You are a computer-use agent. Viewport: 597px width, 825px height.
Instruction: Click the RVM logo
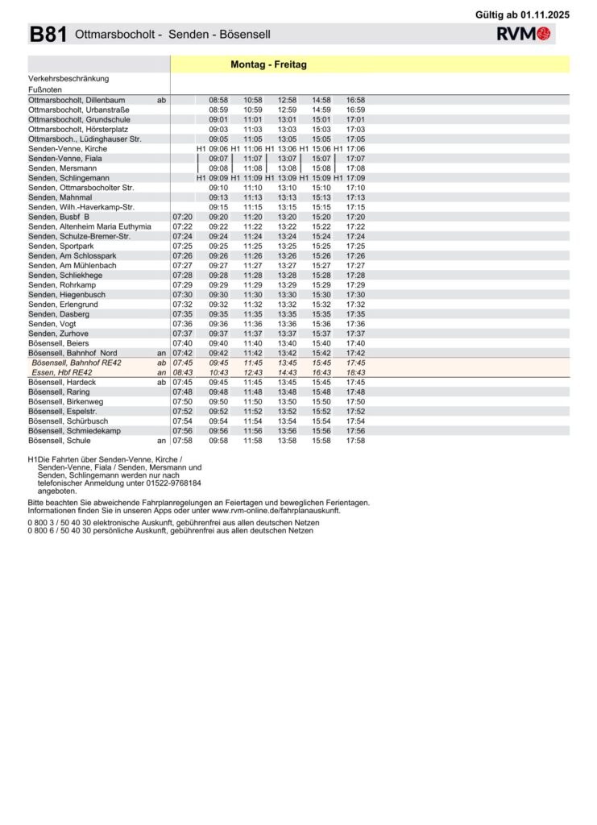pos(523,34)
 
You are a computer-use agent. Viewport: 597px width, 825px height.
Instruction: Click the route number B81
pos(48,35)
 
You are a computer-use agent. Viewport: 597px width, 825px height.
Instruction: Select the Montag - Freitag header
pos(268,64)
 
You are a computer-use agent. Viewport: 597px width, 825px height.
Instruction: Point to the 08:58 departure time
pos(218,100)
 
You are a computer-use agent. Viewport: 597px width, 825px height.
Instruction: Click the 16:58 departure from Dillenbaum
pos(355,100)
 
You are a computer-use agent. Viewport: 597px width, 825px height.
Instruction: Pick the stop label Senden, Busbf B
pos(59,217)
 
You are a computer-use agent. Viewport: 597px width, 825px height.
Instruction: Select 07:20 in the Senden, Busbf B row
pos(183,217)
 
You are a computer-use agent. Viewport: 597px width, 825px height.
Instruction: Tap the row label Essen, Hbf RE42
pos(62,372)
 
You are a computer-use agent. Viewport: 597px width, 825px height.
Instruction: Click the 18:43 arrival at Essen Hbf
pos(355,372)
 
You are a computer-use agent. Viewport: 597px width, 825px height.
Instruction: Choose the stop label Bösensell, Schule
pos(60,441)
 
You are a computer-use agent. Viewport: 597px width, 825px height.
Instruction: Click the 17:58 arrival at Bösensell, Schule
pos(355,441)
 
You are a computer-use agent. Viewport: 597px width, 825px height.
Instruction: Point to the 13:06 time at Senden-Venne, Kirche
pos(288,149)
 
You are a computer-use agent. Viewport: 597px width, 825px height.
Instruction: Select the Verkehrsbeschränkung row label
pos(68,79)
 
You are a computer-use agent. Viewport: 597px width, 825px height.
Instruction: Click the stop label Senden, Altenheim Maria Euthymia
pos(89,226)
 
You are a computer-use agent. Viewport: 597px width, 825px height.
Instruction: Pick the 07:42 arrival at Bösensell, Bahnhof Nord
pos(183,353)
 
